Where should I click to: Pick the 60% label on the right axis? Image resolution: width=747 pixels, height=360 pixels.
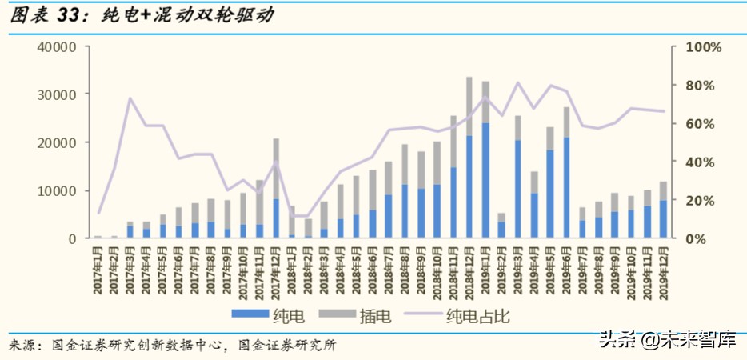(701, 124)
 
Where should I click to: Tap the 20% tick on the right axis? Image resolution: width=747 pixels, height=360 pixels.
(701, 201)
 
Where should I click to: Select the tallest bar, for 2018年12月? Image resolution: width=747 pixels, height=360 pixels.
(470, 160)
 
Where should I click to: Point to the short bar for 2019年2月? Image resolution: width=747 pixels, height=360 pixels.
(501, 226)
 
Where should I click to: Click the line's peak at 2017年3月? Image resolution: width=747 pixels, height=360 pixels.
(130, 98)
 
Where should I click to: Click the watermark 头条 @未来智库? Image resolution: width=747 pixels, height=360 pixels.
(665, 341)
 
